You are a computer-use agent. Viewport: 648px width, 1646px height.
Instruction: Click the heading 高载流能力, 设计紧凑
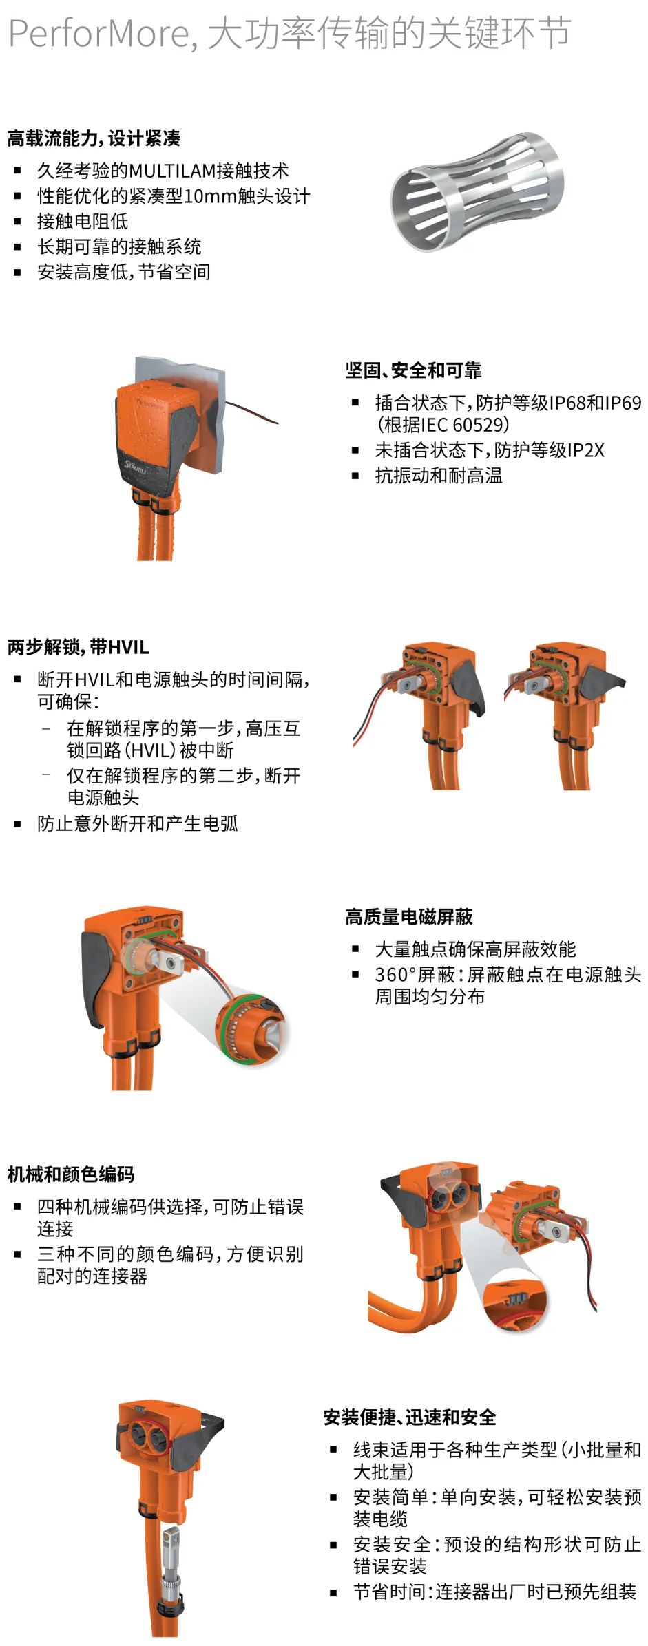(94, 138)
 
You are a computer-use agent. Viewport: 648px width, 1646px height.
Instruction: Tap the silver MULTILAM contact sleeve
(477, 191)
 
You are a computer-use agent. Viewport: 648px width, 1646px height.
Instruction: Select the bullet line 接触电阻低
(83, 221)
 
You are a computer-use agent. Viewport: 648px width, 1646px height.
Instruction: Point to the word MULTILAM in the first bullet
(172, 171)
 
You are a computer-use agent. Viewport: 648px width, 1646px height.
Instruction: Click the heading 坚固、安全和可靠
(413, 370)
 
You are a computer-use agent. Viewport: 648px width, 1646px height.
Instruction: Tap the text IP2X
(586, 450)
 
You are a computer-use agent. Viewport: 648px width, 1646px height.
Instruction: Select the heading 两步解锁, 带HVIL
(78, 647)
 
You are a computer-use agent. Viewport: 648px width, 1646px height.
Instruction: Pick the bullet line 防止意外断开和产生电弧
(138, 823)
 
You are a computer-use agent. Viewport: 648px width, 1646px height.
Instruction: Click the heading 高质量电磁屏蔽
(409, 917)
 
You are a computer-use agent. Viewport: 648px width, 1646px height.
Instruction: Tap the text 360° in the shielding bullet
(393, 975)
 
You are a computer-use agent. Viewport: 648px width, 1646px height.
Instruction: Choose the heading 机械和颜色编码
(71, 1174)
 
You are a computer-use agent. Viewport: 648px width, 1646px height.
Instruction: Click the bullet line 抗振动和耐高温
(439, 476)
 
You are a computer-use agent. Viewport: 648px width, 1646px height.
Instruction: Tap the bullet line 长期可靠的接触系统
(119, 246)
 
